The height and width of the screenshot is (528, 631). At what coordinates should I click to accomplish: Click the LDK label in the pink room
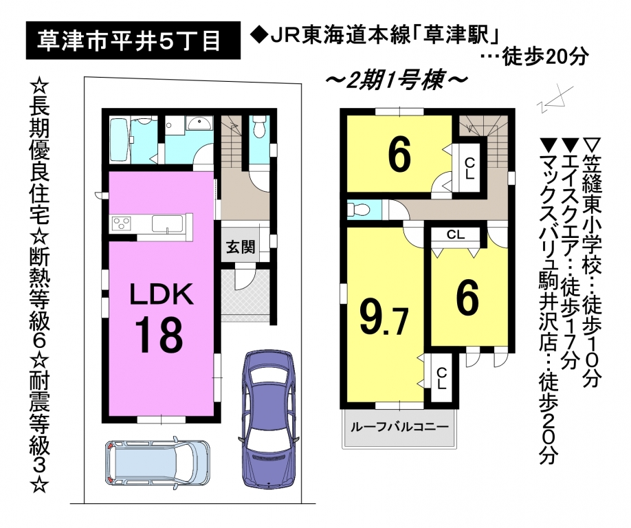click(162, 294)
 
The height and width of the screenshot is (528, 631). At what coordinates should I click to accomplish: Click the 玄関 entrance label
click(241, 246)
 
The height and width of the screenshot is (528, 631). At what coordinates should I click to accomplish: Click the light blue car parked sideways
click(157, 461)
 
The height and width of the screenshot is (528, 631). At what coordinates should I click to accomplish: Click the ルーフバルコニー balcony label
click(399, 426)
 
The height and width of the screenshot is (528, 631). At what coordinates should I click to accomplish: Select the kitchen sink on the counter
click(168, 224)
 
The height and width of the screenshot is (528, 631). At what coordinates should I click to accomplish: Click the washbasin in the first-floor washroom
click(199, 123)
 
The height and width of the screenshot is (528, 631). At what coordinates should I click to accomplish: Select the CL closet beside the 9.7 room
click(441, 378)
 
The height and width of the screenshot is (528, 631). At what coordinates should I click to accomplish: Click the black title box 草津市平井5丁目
click(133, 41)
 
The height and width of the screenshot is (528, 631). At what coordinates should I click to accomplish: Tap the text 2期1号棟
click(397, 80)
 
